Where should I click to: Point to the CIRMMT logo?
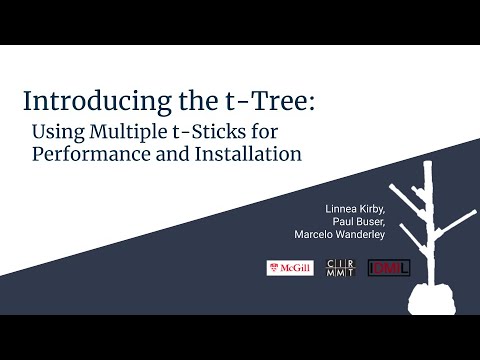click(341, 268)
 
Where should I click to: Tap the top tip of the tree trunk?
click(428, 163)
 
